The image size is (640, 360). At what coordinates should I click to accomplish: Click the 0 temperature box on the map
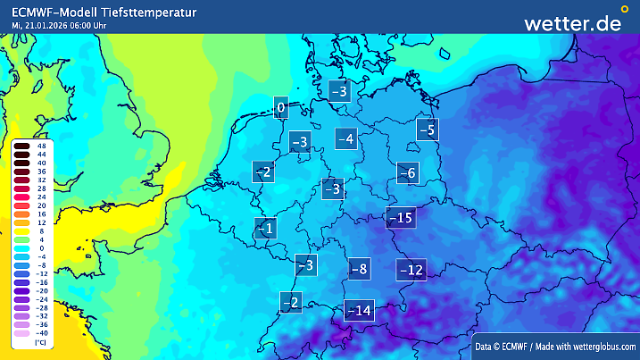[281, 109]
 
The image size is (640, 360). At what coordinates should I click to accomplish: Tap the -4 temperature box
[346, 138]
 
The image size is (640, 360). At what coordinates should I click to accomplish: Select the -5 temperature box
[428, 130]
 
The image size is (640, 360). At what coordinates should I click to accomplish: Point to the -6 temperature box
[407, 173]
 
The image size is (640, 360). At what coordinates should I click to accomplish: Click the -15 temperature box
[400, 218]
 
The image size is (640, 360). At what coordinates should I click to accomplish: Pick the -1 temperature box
[265, 229]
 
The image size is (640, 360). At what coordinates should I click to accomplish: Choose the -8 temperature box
[359, 268]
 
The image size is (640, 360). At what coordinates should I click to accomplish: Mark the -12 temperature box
[411, 269]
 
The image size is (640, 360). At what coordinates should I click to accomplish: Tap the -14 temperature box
[359, 310]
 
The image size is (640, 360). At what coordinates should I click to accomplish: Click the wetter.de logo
[572, 23]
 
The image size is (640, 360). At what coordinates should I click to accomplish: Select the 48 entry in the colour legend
[41, 146]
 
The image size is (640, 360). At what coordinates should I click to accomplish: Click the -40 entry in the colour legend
[41, 332]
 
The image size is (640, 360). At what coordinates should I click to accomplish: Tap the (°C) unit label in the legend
[39, 342]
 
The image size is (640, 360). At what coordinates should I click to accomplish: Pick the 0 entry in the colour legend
[41, 247]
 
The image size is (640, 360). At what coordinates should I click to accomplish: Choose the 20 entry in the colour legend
[41, 205]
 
